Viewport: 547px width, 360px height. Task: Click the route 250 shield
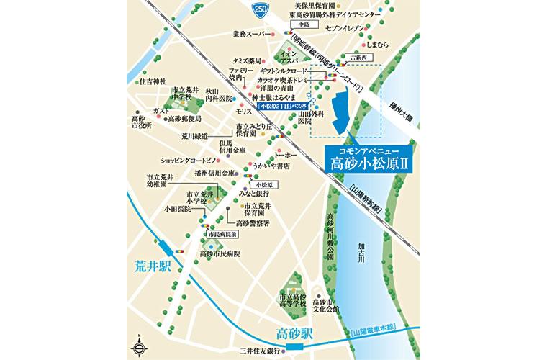[x=256, y=9]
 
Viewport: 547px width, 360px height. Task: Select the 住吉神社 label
[x=153, y=81]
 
